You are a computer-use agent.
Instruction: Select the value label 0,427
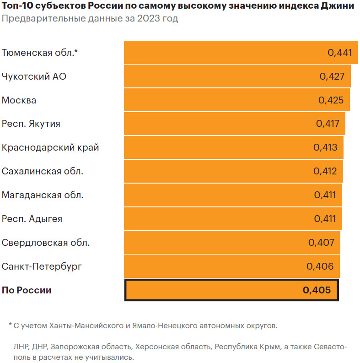332,76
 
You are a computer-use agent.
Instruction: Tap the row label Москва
19,100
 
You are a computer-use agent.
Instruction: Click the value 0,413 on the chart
325,147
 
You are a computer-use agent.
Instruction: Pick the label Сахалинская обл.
43,171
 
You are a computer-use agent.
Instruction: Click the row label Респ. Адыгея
32,219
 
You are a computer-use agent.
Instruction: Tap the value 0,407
322,243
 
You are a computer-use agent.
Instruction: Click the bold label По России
27,290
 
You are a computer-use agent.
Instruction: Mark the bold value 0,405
317,290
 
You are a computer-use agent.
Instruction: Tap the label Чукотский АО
34,76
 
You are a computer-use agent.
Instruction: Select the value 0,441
340,53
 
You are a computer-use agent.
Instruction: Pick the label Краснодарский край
50,147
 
